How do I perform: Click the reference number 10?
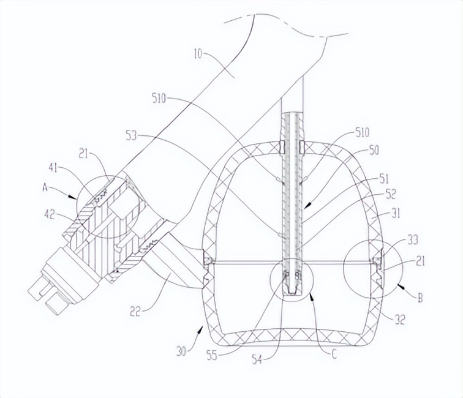tap(198, 54)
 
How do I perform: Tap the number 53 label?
tap(132, 136)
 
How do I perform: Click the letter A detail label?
tap(45, 187)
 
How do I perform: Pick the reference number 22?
tap(135, 312)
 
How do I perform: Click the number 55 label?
tap(211, 356)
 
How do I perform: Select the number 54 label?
tap(257, 360)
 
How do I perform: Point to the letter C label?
tap(334, 355)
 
